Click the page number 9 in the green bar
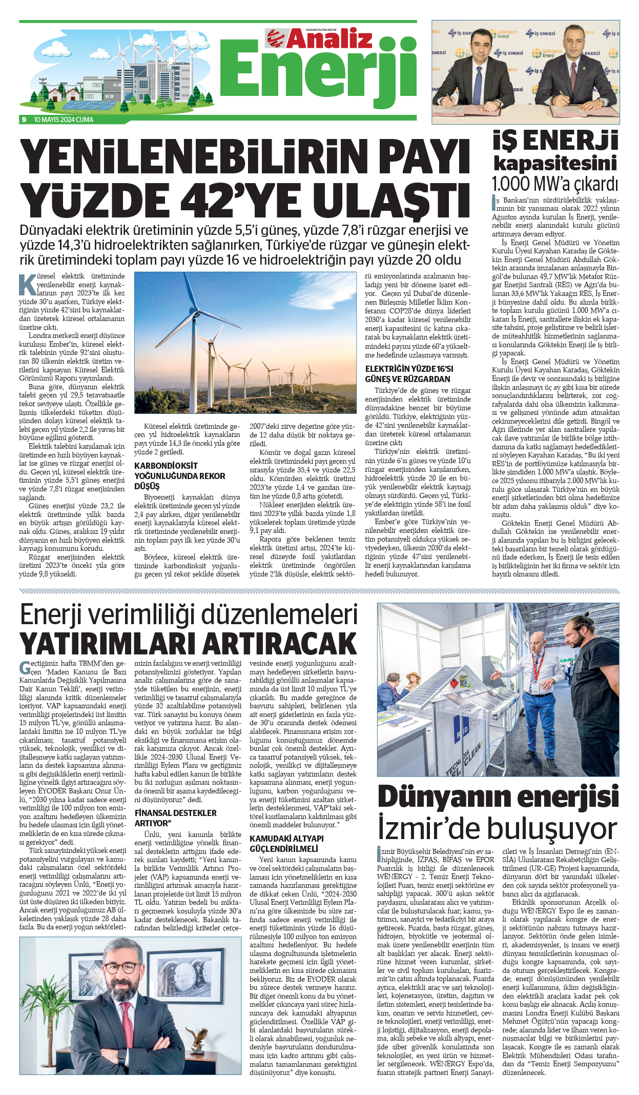pyautogui.click(x=24, y=120)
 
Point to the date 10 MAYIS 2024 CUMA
pyautogui.click(x=64, y=120)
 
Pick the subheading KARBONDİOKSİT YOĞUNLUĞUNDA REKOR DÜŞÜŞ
pyautogui.click(x=179, y=475)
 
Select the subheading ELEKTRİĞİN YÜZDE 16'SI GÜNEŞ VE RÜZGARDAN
pyautogui.click(x=408, y=374)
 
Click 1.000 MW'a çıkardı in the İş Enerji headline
pyautogui.click(x=554, y=183)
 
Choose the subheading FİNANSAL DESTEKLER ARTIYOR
pyautogui.click(x=175, y=818)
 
